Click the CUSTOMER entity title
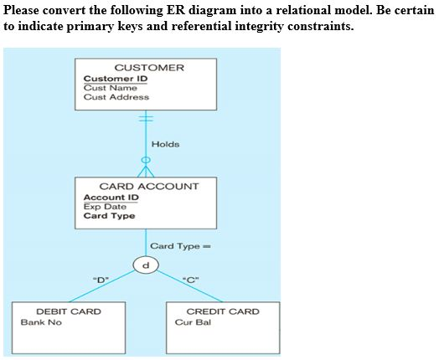tap(148, 67)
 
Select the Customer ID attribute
tap(116, 79)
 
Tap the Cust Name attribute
tap(110, 88)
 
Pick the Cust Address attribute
tap(116, 97)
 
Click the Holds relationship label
tap(165, 144)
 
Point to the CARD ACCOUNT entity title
tap(148, 186)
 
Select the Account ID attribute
tap(111, 198)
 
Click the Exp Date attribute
tap(105, 207)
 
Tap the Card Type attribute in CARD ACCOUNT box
tap(109, 216)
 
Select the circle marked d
tap(146, 265)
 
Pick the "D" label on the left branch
tap(100, 279)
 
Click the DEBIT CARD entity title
tap(69, 311)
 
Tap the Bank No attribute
tap(41, 322)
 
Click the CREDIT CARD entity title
tap(222, 311)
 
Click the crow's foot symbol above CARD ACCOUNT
tap(147, 170)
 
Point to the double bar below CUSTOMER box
tap(147, 120)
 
